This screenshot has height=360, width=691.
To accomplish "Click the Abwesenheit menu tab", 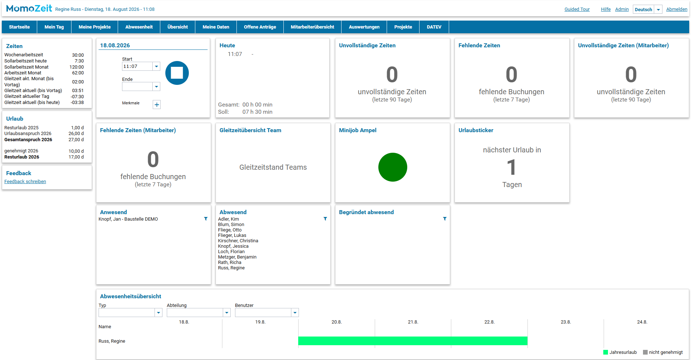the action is [x=139, y=27].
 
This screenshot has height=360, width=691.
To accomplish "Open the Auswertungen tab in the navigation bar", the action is [x=364, y=27].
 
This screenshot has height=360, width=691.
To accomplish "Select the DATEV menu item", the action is [x=434, y=27].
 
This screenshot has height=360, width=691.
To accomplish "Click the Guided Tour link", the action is [x=577, y=9].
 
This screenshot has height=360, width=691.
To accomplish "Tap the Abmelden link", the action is [x=677, y=9].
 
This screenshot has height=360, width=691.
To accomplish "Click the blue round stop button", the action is [x=177, y=73].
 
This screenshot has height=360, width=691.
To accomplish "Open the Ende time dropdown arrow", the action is [x=156, y=87].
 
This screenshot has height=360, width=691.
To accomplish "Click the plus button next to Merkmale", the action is [x=157, y=105].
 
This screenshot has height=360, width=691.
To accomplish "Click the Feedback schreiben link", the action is [x=25, y=182].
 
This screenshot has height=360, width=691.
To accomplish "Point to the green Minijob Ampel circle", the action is [x=393, y=167].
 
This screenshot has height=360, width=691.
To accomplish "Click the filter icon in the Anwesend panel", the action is [x=206, y=219].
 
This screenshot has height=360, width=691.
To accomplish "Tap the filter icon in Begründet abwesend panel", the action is [x=445, y=219].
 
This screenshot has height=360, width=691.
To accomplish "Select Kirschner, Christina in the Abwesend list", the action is [x=238, y=241].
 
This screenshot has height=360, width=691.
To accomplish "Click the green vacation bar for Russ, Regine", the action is [x=413, y=341].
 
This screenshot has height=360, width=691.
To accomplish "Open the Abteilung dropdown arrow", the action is [x=227, y=313].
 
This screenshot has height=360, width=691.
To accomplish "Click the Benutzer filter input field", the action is [x=263, y=313].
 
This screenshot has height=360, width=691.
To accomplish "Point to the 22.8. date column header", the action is [x=489, y=322].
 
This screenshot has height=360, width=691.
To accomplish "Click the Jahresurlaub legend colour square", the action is [x=605, y=352].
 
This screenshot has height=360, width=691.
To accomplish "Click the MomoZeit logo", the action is [x=29, y=8].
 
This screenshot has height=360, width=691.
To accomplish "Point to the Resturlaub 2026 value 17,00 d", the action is [x=76, y=157].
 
